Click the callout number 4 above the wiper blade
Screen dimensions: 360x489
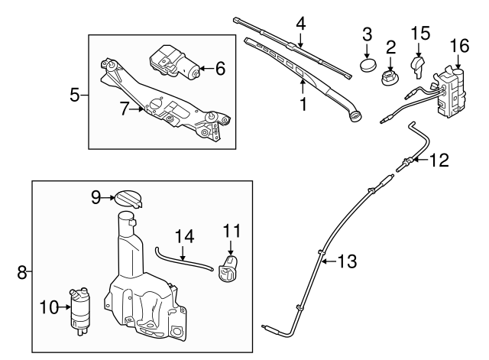point(301,24)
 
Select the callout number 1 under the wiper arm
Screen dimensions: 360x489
point(303,103)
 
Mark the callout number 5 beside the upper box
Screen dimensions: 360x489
point(75,96)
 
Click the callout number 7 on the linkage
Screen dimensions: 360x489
point(124,109)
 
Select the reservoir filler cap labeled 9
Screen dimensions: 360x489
point(128,198)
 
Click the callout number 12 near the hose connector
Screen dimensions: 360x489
point(439,161)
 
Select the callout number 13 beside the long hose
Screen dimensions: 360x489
point(346,261)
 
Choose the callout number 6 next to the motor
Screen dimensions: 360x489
point(220,69)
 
